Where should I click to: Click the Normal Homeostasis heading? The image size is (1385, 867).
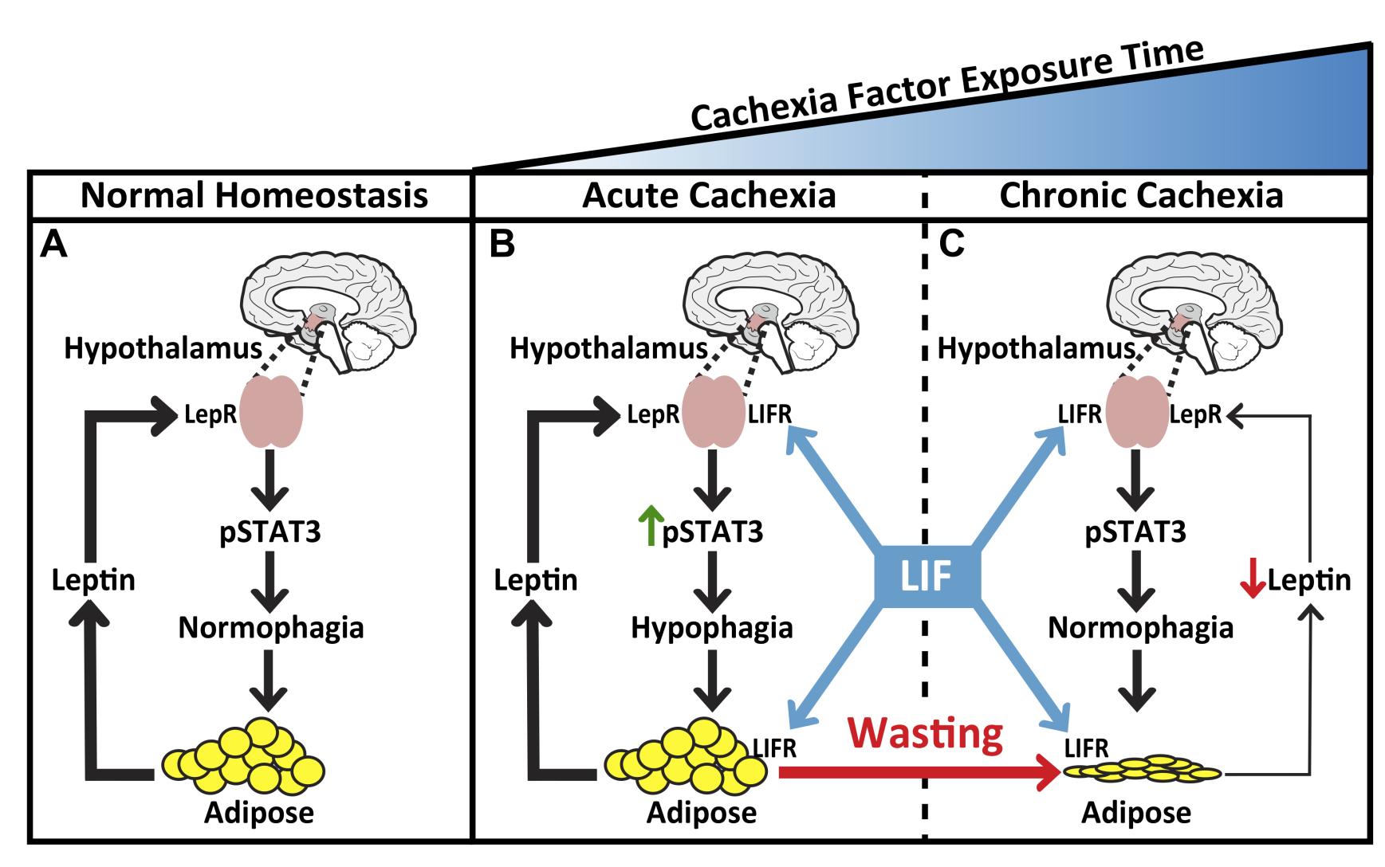(x=254, y=196)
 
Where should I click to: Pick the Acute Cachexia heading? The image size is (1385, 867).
(x=709, y=196)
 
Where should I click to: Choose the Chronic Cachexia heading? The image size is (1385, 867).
(x=1141, y=196)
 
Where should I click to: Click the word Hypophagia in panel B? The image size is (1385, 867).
(x=712, y=628)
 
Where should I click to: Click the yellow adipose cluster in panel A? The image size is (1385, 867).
(x=243, y=755)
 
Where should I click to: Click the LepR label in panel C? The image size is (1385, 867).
(x=1195, y=414)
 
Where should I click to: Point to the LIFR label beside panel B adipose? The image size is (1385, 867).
(x=775, y=747)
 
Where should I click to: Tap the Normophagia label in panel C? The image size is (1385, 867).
(x=1140, y=628)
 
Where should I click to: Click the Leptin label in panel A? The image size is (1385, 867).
(x=93, y=580)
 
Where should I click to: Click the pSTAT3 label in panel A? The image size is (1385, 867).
(x=270, y=532)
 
